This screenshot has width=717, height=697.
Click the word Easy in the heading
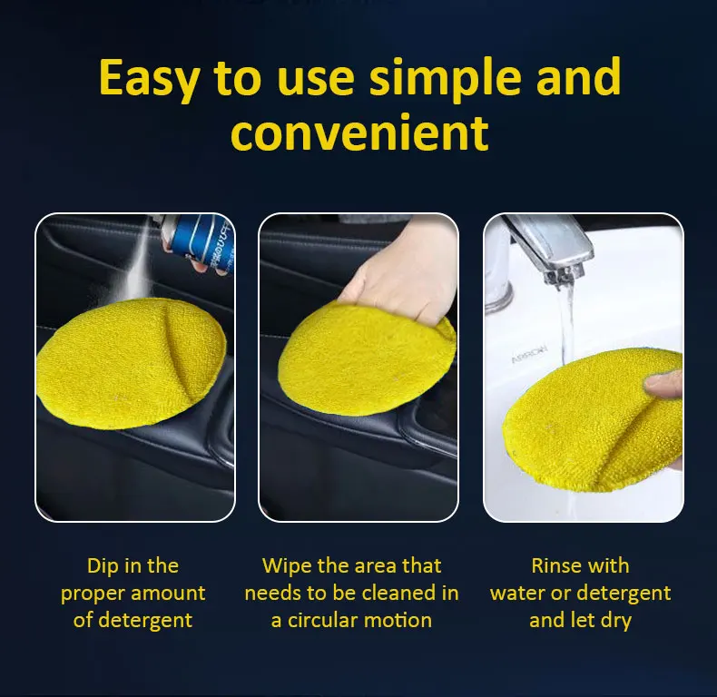(150, 78)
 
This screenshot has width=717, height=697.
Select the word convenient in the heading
(359, 133)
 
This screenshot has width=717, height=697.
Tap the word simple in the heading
(437, 78)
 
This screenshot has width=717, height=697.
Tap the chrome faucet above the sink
(545, 250)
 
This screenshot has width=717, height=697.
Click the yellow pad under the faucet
(594, 417)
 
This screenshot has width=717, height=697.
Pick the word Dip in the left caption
(103, 566)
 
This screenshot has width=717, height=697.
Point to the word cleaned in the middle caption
(399, 594)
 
